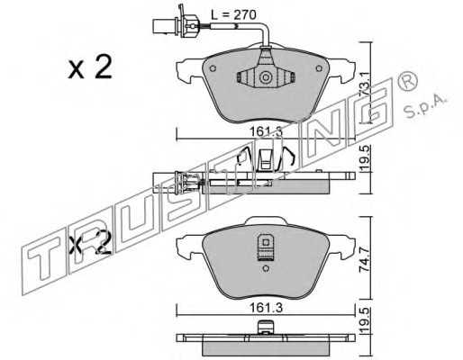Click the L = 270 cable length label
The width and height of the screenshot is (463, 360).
point(233,15)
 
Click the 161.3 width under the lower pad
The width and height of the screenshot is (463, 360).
point(266,308)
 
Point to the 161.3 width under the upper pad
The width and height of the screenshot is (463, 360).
point(266,131)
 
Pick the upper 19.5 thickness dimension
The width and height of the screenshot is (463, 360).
point(365,159)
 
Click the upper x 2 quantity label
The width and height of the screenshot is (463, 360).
point(90,67)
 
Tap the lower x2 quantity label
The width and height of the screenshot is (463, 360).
point(90,242)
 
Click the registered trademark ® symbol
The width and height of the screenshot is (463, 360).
point(408,81)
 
